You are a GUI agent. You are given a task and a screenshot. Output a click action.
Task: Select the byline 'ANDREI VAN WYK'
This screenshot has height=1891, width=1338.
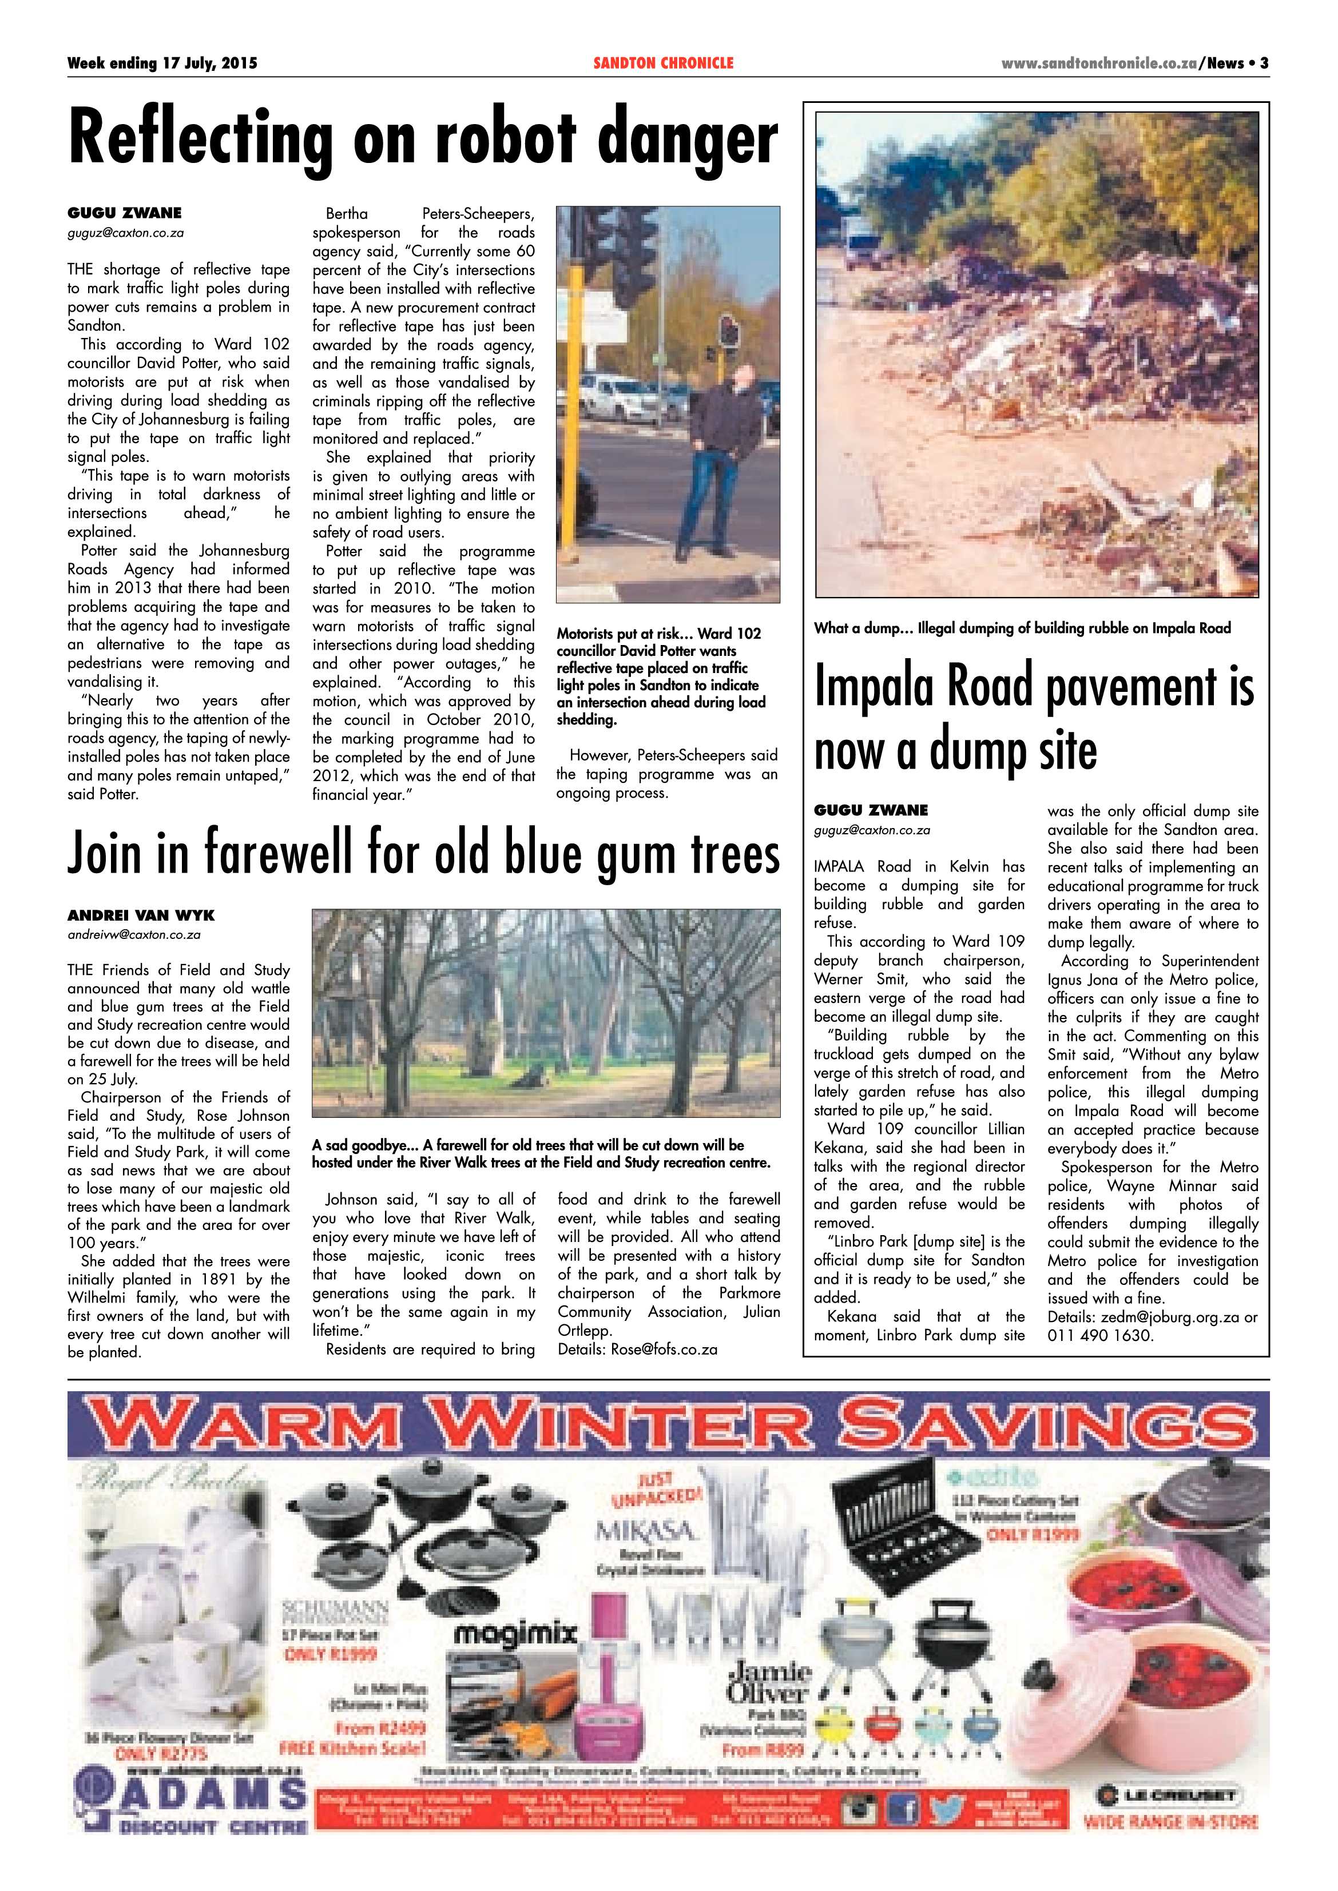coord(141,915)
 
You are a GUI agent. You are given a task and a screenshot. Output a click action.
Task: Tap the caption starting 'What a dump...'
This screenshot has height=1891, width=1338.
coord(1022,628)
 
